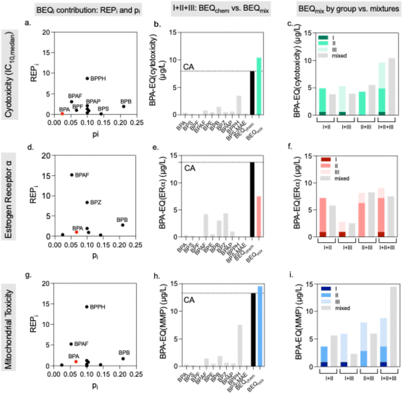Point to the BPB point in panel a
coord(123,106)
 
